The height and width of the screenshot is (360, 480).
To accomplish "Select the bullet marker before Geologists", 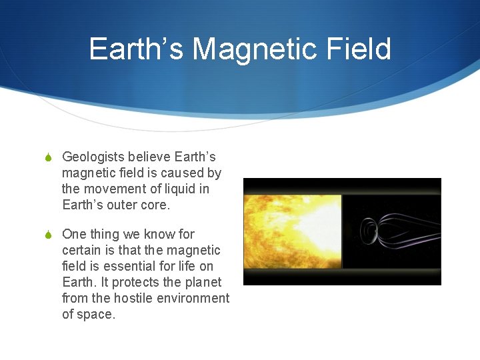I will coord(48,157).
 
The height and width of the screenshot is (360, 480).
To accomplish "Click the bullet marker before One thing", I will coord(48,235).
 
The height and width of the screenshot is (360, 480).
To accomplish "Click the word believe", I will coord(149,157).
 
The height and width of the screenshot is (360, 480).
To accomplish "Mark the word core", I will coord(157,205).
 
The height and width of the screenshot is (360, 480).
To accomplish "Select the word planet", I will coord(203,283).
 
